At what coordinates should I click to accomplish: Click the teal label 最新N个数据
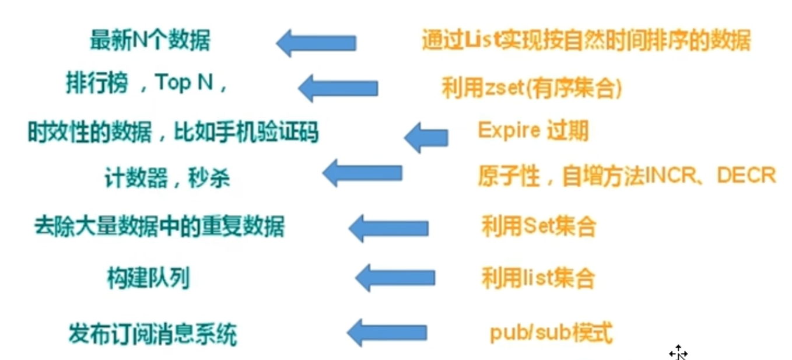click(x=150, y=41)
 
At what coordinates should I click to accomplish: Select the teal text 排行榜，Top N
click(x=146, y=85)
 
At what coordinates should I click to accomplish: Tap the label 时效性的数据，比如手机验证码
click(x=173, y=133)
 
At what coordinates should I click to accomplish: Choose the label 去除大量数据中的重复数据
click(x=159, y=226)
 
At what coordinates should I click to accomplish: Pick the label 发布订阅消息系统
click(x=153, y=335)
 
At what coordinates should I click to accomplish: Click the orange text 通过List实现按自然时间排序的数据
click(x=586, y=41)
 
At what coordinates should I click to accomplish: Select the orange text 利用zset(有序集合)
click(x=532, y=89)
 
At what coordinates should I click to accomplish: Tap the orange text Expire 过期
click(x=533, y=130)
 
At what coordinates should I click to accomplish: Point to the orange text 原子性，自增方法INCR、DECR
click(x=627, y=176)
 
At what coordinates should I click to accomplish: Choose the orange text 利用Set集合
click(x=538, y=226)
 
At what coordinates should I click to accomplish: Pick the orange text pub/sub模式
click(x=551, y=334)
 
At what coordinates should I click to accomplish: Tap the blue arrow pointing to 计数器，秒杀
click(x=362, y=173)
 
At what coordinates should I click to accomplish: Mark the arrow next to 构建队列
click(x=395, y=277)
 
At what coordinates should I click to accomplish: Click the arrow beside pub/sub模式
click(x=387, y=333)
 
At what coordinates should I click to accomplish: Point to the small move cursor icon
click(x=678, y=353)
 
